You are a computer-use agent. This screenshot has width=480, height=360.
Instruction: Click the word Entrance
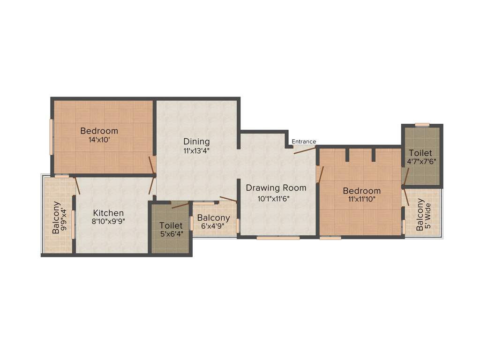(304, 142)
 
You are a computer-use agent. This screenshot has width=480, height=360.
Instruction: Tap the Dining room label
(196, 142)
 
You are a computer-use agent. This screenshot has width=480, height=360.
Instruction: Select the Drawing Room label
(276, 188)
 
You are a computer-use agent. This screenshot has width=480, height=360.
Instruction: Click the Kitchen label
(108, 213)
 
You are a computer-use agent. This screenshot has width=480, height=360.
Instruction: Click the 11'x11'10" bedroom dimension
(361, 199)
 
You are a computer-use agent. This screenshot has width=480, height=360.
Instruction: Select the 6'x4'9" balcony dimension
(213, 226)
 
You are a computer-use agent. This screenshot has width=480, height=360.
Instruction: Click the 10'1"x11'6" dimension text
(277, 198)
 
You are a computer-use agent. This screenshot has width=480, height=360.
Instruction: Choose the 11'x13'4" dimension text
(197, 151)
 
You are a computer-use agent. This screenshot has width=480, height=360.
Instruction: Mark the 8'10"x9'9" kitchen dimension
(108, 222)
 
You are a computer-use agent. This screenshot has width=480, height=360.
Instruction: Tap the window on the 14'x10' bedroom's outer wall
(52, 136)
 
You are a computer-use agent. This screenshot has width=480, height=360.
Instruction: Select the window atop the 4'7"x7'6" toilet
(422, 125)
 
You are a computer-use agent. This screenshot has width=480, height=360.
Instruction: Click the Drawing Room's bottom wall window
(278, 238)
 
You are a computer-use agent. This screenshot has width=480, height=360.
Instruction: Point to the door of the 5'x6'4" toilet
(180, 205)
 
